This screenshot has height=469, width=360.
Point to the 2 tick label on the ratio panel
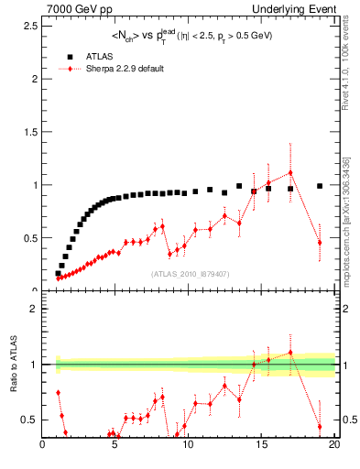(x=33, y=309)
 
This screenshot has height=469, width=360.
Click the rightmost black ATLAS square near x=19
(x=320, y=186)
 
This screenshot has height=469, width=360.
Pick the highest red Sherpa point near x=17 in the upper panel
(x=290, y=172)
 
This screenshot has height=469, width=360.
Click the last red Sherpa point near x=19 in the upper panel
(x=320, y=242)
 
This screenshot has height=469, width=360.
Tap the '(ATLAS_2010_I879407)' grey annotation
(x=189, y=273)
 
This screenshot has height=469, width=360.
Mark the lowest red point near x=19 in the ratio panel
(x=320, y=427)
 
